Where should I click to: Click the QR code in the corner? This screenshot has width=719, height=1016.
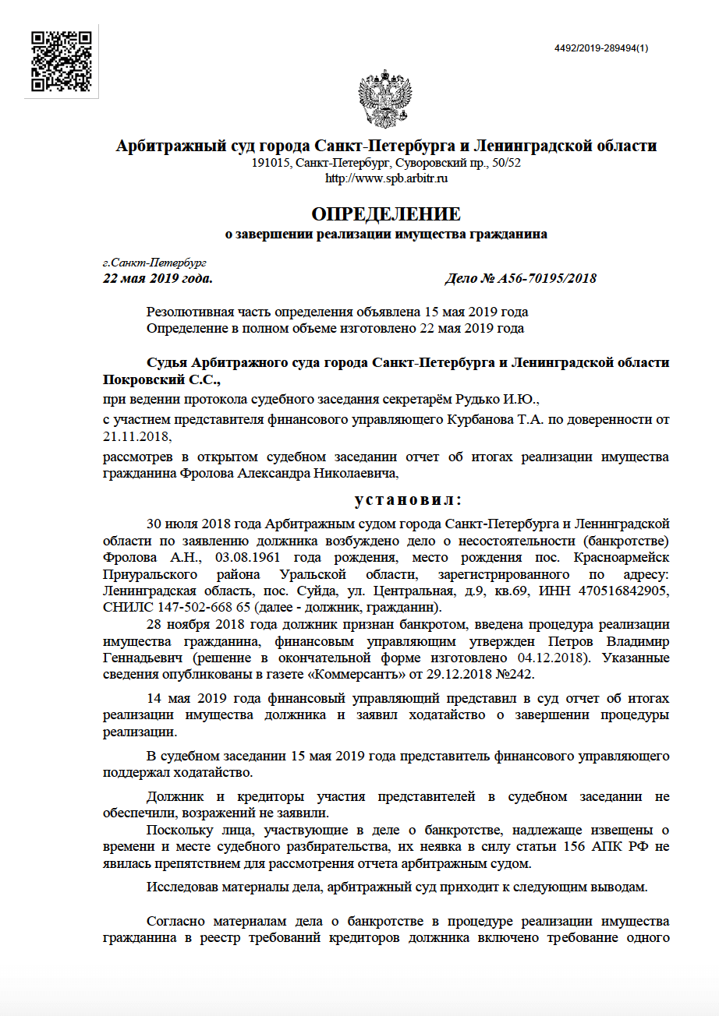(x=62, y=62)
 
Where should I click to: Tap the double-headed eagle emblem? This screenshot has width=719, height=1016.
(x=384, y=100)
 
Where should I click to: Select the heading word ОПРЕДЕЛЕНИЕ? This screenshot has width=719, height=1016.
(x=386, y=214)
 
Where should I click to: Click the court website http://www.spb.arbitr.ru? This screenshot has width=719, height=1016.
(x=386, y=178)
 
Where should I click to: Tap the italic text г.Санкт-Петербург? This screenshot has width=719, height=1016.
(x=154, y=263)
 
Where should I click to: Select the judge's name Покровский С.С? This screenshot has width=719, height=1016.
(x=162, y=380)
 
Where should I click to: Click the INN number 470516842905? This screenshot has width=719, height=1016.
(x=626, y=591)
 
